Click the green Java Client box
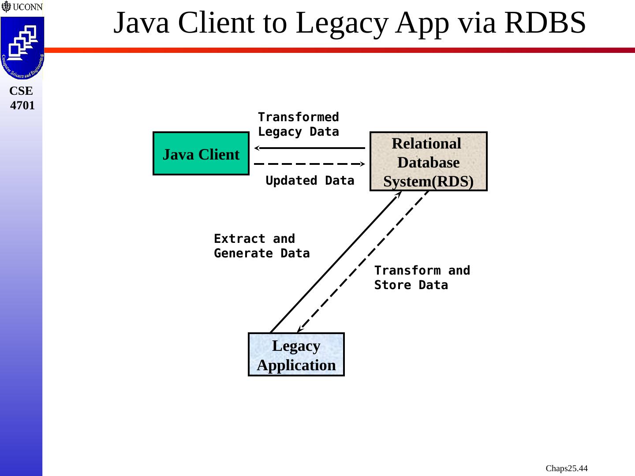pyautogui.click(x=201, y=153)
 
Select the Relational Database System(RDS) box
pyautogui.click(x=429, y=161)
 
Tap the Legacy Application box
pyautogui.click(x=296, y=354)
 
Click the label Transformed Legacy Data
pyautogui.click(x=298, y=124)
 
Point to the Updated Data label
pyautogui.click(x=310, y=181)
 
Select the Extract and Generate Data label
pyautogui.click(x=262, y=246)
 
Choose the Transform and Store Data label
pyautogui.click(x=422, y=278)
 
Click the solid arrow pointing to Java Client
pyautogui.click(x=310, y=148)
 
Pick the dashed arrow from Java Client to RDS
pyautogui.click(x=310, y=164)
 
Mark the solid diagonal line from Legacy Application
pyautogui.click(x=336, y=262)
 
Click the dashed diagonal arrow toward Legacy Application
pyautogui.click(x=363, y=262)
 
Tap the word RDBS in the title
pyautogui.click(x=545, y=22)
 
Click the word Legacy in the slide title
pyautogui.click(x=342, y=24)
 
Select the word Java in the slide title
pyautogui.click(x=141, y=22)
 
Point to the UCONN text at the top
pyautogui.click(x=28, y=7)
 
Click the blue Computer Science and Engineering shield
pyautogui.click(x=22, y=48)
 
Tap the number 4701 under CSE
pyautogui.click(x=22, y=105)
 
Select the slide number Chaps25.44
pyautogui.click(x=567, y=468)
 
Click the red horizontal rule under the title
pyautogui.click(x=340, y=50)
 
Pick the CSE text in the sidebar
pyautogui.click(x=21, y=91)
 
